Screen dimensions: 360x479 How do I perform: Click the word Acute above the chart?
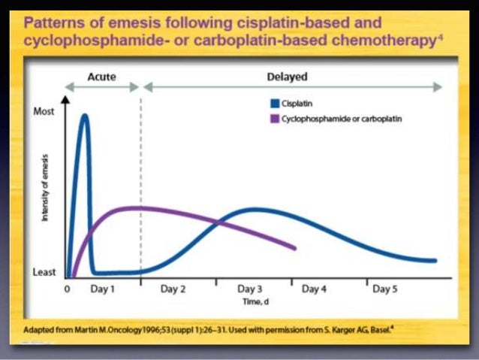[102, 77]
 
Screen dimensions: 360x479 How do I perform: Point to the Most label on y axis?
[45, 111]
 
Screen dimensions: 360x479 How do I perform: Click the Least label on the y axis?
[45, 272]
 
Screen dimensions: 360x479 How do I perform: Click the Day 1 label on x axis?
[102, 289]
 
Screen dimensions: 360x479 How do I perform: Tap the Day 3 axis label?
[250, 289]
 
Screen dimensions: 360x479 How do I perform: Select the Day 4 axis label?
[314, 289]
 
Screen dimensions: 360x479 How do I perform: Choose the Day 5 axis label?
[386, 289]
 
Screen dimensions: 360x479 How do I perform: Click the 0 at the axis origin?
[67, 289]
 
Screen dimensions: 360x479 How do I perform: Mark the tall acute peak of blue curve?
[85, 116]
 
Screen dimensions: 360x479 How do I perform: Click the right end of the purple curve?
[296, 247]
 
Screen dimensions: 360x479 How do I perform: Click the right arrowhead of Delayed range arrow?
[440, 87]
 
